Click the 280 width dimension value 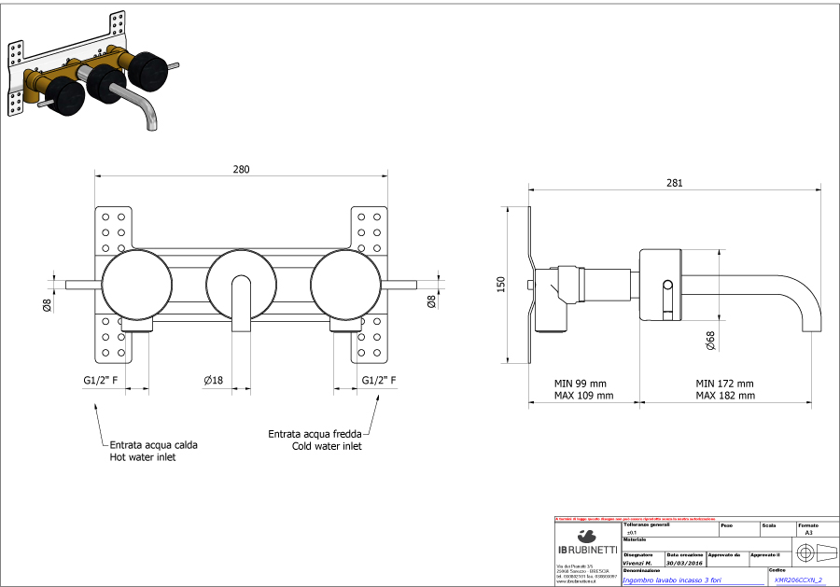(x=241, y=169)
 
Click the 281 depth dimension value (x=673, y=183)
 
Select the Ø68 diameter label (x=710, y=341)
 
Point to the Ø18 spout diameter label (x=214, y=380)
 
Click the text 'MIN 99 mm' (x=580, y=384)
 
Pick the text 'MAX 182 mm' (x=724, y=396)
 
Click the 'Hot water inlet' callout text (x=142, y=457)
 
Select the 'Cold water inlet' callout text (x=326, y=446)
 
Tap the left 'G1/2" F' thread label (x=101, y=380)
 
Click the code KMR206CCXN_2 (x=799, y=580)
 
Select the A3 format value (x=808, y=532)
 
